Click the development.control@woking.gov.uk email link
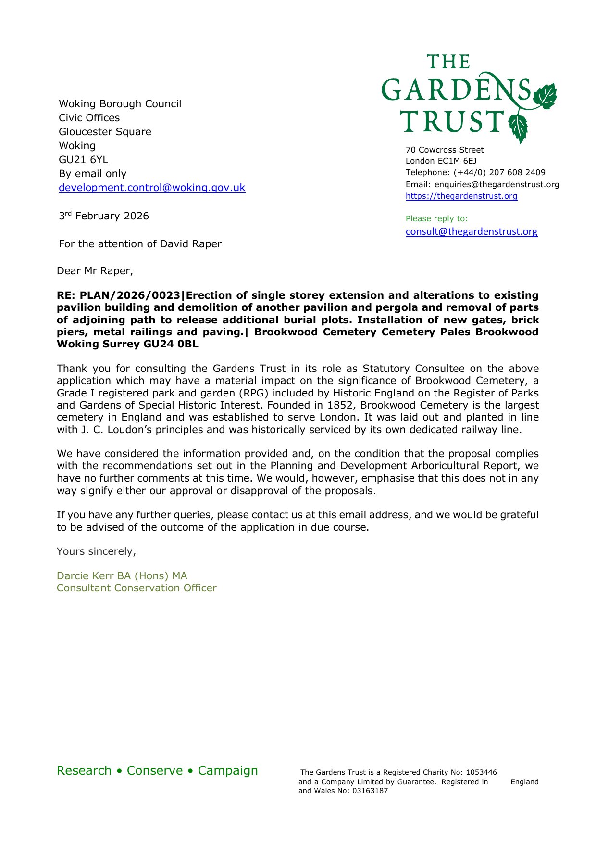[x=152, y=188]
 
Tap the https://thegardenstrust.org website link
[x=461, y=196]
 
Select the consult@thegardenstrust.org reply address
[x=472, y=231]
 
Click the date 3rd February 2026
[x=104, y=216]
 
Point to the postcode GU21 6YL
[x=83, y=160]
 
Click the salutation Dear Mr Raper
[x=95, y=271]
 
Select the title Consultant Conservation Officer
[x=137, y=588]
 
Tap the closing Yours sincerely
[x=96, y=551]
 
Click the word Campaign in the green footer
[x=228, y=770]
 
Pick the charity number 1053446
[x=481, y=772]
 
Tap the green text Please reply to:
[x=436, y=218]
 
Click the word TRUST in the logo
[x=452, y=121]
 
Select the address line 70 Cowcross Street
[x=445, y=150]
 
